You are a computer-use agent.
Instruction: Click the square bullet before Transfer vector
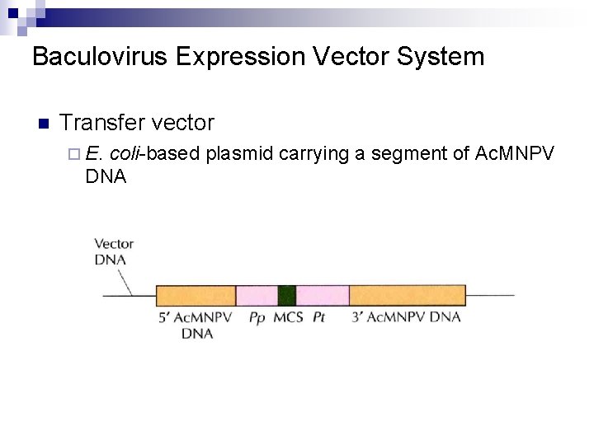pyautogui.click(x=44, y=124)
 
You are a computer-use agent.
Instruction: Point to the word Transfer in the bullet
pyautogui.click(x=100, y=124)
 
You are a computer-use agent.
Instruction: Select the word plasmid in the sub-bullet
pyautogui.click(x=240, y=153)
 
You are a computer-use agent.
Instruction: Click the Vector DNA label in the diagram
pyautogui.click(x=113, y=251)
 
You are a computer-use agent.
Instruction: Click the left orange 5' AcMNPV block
pyautogui.click(x=196, y=295)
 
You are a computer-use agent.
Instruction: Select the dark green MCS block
pyautogui.click(x=286, y=295)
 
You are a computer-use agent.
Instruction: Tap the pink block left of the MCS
pyautogui.click(x=257, y=295)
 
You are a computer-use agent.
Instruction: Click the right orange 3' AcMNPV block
pyautogui.click(x=408, y=295)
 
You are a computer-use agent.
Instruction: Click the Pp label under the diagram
pyautogui.click(x=257, y=317)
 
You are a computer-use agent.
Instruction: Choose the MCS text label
pyautogui.click(x=288, y=317)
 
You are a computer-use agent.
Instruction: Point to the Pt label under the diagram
pyautogui.click(x=318, y=317)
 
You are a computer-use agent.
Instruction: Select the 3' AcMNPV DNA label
pyautogui.click(x=406, y=317)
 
